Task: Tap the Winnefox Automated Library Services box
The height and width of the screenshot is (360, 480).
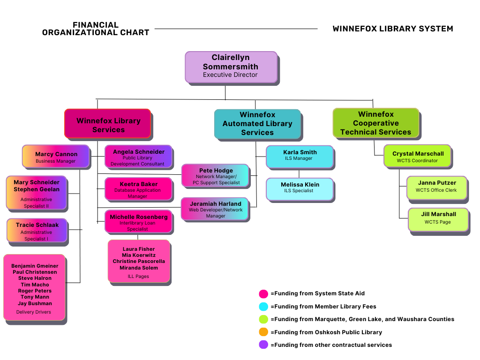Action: (x=257, y=124)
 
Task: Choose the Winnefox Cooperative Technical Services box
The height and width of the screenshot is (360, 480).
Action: (x=375, y=123)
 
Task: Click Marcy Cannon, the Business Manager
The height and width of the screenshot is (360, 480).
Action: (x=56, y=157)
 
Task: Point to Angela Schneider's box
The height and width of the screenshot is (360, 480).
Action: (x=138, y=157)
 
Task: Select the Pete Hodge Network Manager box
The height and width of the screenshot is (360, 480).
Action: (x=215, y=175)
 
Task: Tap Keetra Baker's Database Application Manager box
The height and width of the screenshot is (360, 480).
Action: (x=138, y=188)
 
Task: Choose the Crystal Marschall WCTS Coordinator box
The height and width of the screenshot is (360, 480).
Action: (x=417, y=156)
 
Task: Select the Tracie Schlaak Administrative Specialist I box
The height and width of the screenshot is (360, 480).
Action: (x=37, y=231)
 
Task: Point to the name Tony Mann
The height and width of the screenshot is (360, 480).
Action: (x=34, y=297)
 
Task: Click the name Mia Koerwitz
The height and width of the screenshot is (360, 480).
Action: (x=139, y=255)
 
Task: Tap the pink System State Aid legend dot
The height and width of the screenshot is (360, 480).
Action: (x=263, y=294)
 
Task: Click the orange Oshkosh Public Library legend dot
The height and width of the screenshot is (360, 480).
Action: (x=263, y=332)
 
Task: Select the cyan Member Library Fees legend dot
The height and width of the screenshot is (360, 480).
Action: (x=263, y=307)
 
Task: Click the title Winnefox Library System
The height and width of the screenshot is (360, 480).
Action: (x=393, y=29)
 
